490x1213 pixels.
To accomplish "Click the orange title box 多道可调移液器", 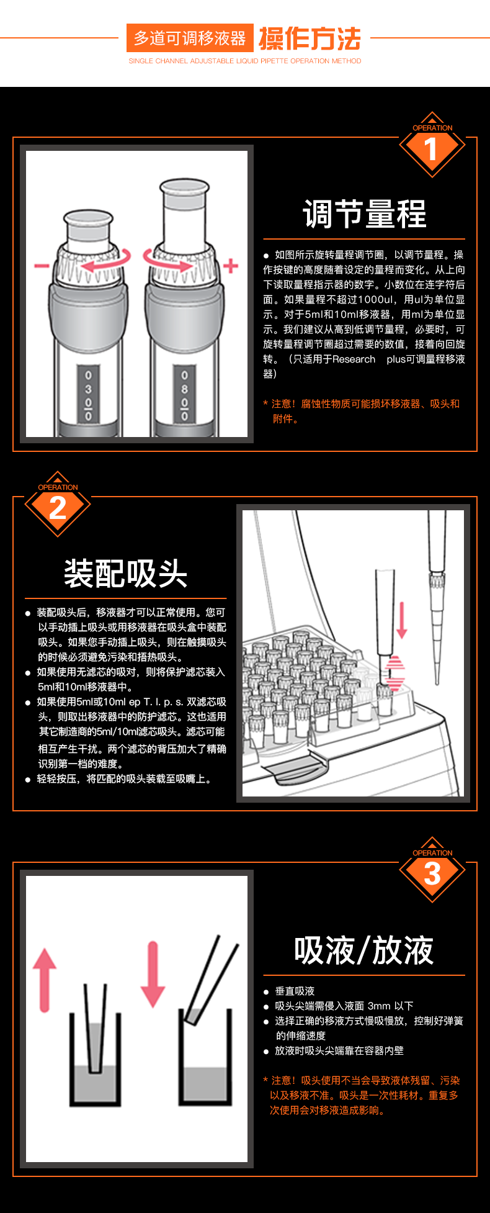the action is pyautogui.click(x=190, y=38).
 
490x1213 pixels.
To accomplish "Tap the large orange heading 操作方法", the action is pyautogui.click(x=310, y=38).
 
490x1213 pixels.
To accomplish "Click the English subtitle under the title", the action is pyautogui.click(x=245, y=61).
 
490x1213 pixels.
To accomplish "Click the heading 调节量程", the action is pyautogui.click(x=365, y=214).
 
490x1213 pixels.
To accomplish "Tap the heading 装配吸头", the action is pyautogui.click(x=126, y=573).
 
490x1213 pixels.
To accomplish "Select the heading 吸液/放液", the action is pyautogui.click(x=364, y=950).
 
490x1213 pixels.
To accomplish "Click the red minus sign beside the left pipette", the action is pyautogui.click(x=42, y=266).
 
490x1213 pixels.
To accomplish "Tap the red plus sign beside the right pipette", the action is pyautogui.click(x=231, y=266).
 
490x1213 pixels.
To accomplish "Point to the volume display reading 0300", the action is pyautogui.click(x=88, y=395).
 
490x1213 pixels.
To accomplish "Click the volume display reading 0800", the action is pyautogui.click(x=184, y=395).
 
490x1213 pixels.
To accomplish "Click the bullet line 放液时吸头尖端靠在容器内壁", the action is pyautogui.click(x=339, y=1051).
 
